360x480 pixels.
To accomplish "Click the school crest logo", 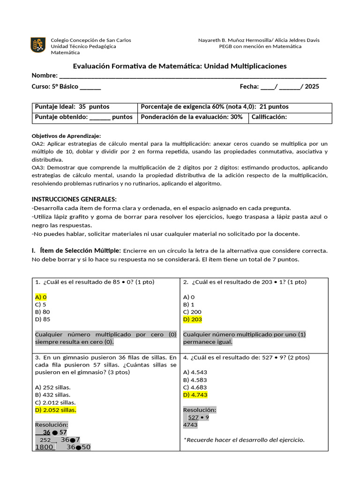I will [x=38, y=45].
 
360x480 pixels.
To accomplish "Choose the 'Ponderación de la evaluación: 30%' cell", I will [x=192, y=117].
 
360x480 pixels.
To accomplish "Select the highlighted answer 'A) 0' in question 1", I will [x=41, y=297].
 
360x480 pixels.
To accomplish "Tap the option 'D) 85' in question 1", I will [x=43, y=319].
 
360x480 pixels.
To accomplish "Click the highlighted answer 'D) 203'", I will [x=192, y=319].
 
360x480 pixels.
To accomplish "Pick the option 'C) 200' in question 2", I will [x=192, y=312].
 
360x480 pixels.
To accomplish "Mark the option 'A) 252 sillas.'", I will [x=52, y=387].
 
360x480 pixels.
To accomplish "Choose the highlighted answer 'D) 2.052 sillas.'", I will [x=55, y=410].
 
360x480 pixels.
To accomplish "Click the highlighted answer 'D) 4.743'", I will [x=195, y=395].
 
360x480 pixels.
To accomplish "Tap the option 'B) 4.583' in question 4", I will [x=195, y=380].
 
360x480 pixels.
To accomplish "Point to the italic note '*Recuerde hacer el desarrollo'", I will [x=244, y=440].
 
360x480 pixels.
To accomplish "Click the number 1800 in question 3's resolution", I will [x=45, y=447].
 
